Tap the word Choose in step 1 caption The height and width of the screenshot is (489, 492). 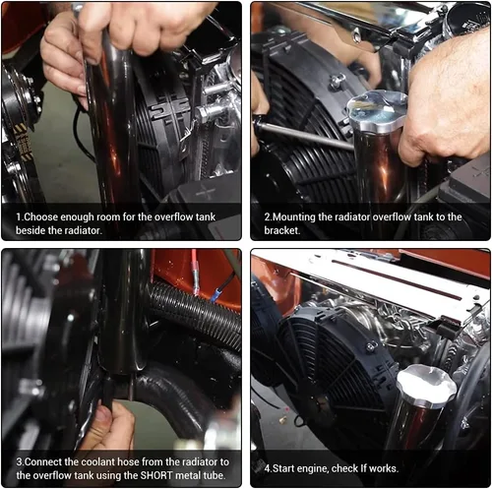click(x=41, y=216)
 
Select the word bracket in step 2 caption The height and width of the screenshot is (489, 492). click(x=281, y=230)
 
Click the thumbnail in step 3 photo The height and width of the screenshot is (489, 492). click(x=103, y=414)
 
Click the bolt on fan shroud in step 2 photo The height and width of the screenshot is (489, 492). click(x=338, y=81)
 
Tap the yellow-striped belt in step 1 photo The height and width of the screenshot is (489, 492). click(x=23, y=142)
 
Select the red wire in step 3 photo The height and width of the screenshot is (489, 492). click(x=195, y=273)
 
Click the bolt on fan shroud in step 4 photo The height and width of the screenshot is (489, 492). click(x=371, y=346)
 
